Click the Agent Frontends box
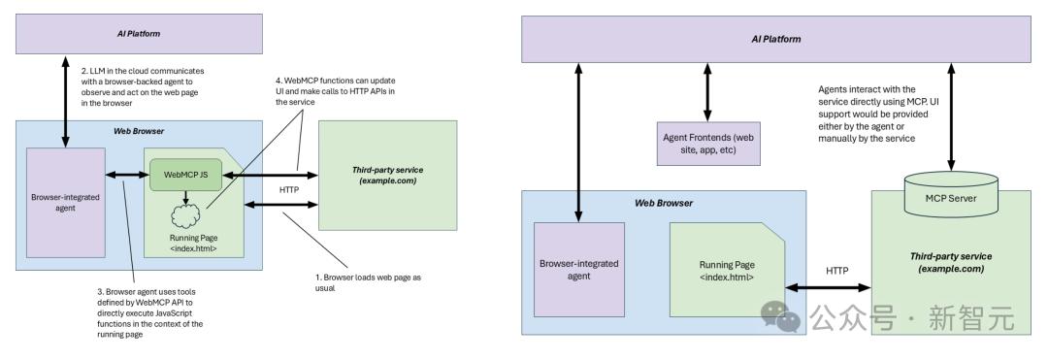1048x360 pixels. coord(708,144)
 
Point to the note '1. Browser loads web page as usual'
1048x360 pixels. coord(368,282)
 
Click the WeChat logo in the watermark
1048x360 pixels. coord(781,315)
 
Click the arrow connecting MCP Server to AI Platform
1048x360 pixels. coord(950,116)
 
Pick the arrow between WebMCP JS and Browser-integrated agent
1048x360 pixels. coord(127,175)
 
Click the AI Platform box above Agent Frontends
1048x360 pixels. coord(776,39)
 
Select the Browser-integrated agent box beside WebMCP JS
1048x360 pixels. coord(66,203)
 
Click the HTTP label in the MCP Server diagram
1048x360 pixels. coord(836,271)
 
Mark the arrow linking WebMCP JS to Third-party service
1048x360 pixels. coord(270,175)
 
